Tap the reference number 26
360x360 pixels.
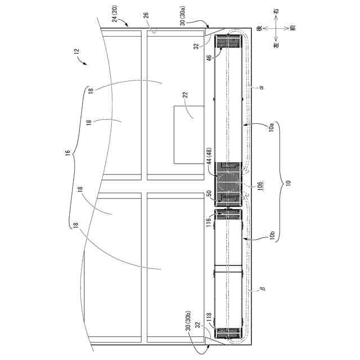(x=146, y=13)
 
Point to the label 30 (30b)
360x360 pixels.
(x=188, y=321)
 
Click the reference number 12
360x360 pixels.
(x=76, y=51)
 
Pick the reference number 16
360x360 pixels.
(x=67, y=152)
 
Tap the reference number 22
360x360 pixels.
(x=185, y=95)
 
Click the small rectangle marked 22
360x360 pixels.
(x=189, y=135)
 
